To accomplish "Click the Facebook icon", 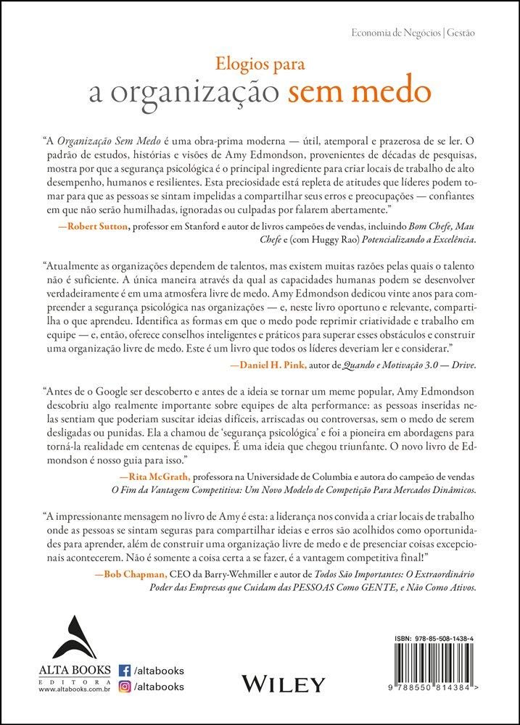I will (x=124, y=670).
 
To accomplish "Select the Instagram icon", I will (x=124, y=686).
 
